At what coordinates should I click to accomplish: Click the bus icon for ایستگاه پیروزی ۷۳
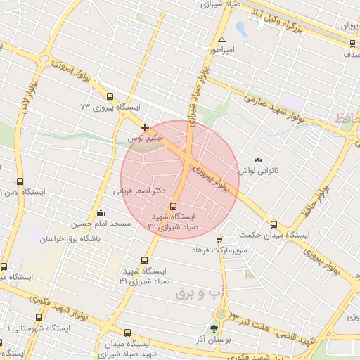tap(109, 97)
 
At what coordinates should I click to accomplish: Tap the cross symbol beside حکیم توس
tap(146, 128)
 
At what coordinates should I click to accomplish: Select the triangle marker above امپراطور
tap(222, 40)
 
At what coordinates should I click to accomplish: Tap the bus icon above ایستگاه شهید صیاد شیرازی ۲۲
tap(174, 207)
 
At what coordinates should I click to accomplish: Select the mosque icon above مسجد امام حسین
tap(101, 213)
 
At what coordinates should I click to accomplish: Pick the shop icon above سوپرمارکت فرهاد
tap(219, 240)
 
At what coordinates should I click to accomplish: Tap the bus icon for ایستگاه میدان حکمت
tap(274, 224)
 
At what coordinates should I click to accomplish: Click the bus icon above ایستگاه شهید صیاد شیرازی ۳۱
tap(145, 259)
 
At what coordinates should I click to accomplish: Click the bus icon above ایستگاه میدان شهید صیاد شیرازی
tap(127, 333)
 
